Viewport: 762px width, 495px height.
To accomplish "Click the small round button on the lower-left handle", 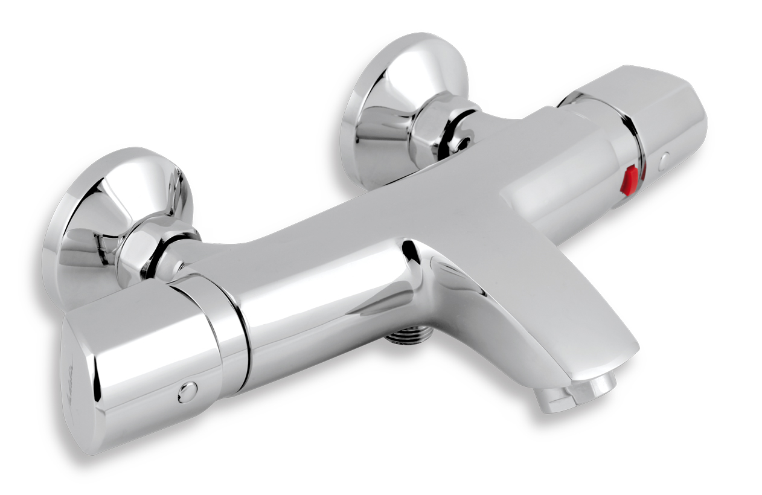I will point(187,392).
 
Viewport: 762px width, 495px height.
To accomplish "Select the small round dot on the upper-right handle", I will point(664,161).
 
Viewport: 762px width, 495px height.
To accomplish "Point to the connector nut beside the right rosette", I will point(444,130).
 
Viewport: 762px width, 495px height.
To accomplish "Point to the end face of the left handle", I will point(75,386).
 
